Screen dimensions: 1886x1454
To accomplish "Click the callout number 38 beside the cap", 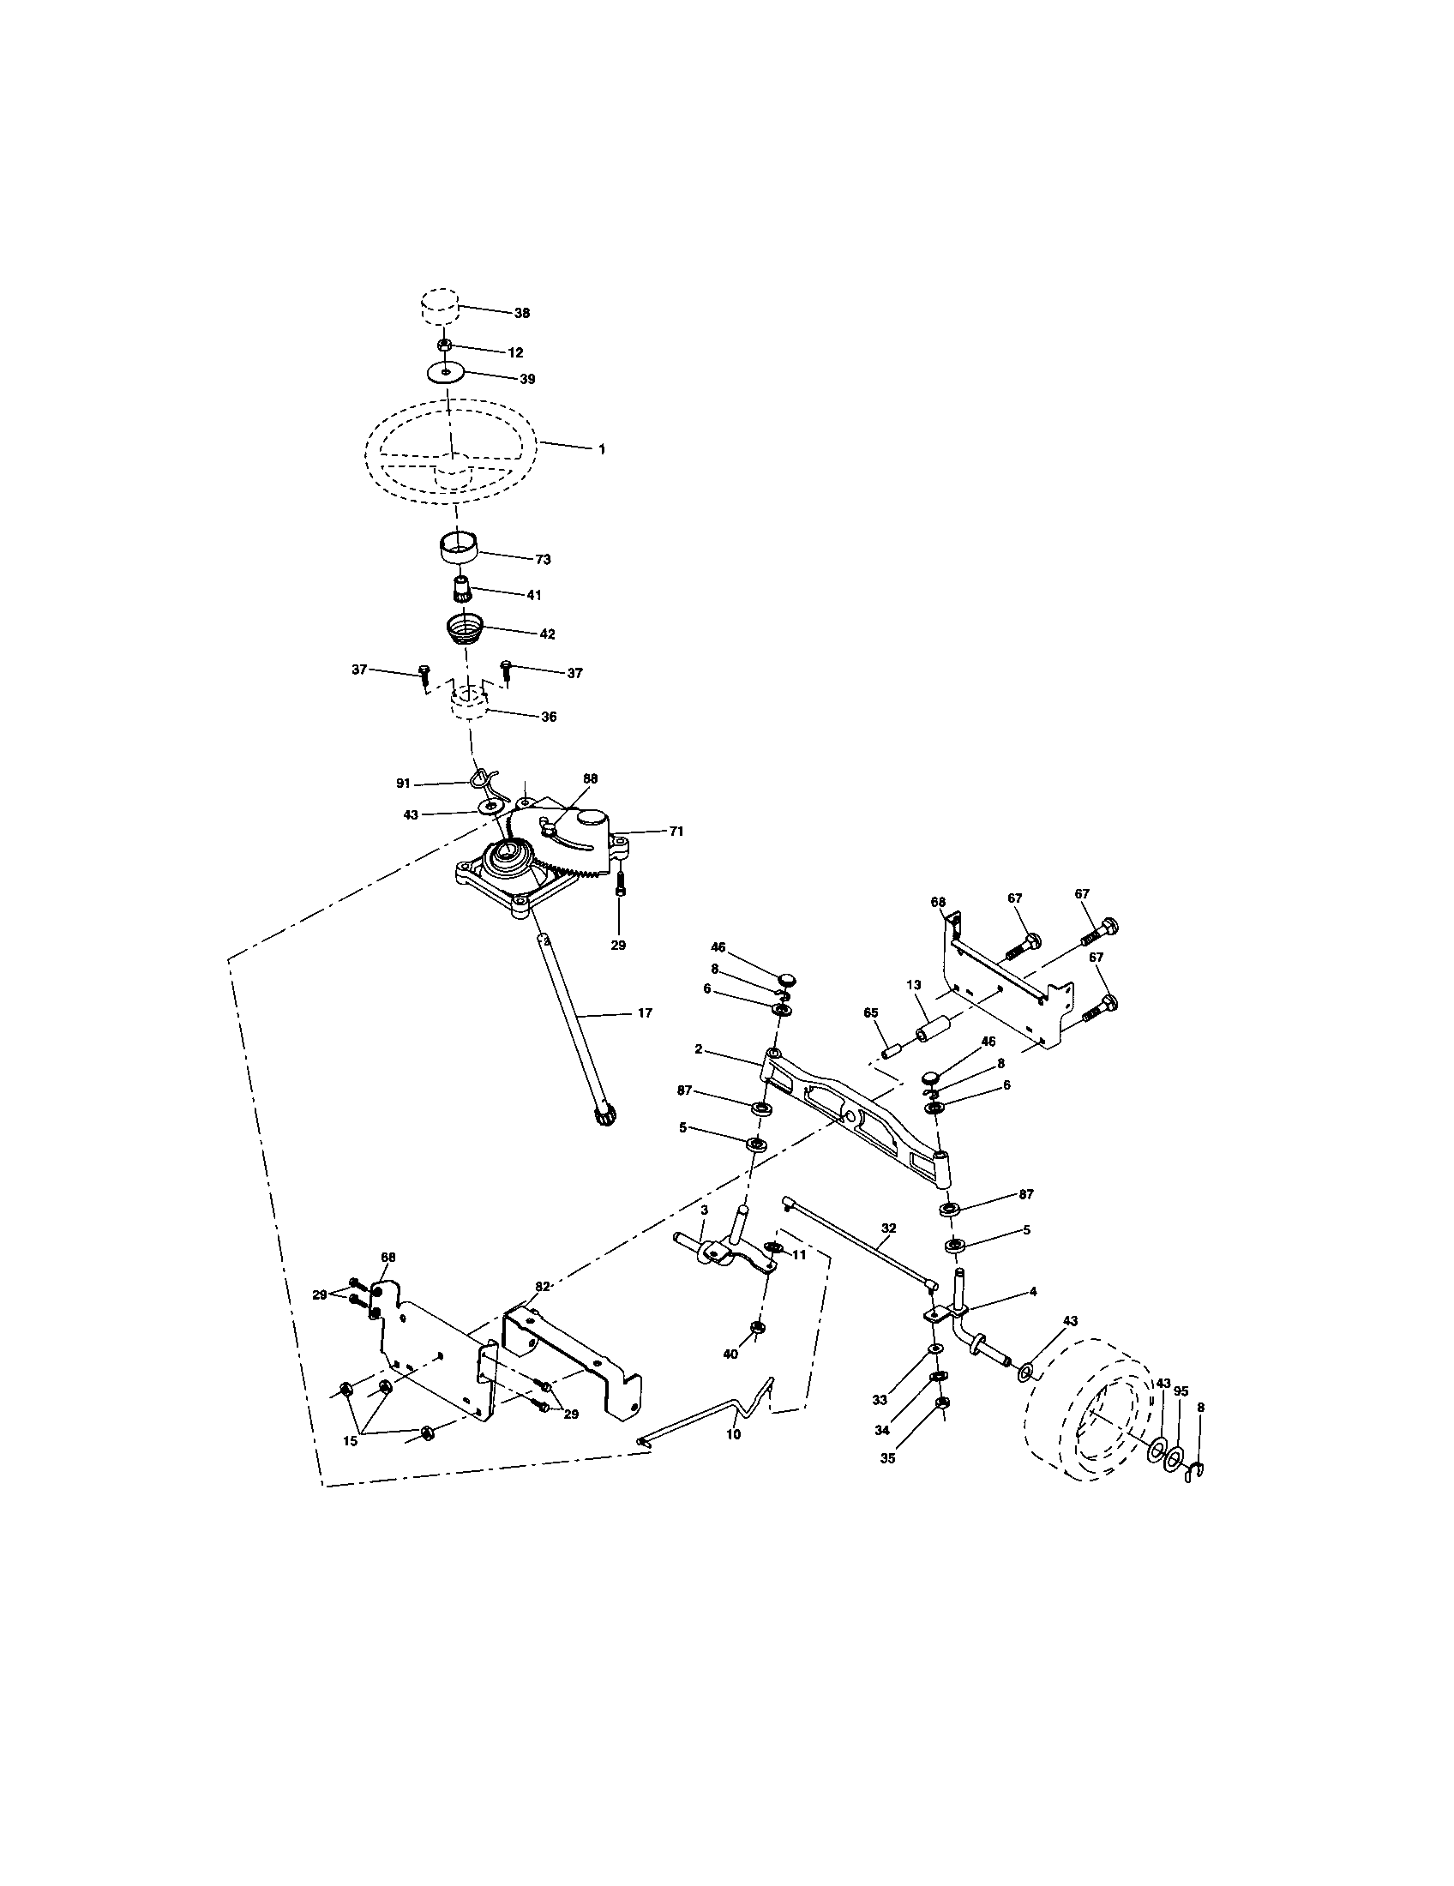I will coord(521,314).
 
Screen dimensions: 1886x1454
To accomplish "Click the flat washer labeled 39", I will coord(446,372).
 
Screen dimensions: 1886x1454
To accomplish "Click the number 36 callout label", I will coord(549,717).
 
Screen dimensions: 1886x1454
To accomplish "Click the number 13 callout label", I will coord(914,984).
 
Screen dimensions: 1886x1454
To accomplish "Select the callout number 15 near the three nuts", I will coord(351,1441).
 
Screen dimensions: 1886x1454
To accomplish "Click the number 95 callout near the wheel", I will coord(1181,1391).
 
